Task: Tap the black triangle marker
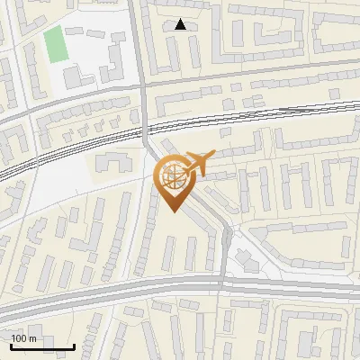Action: point(181,24)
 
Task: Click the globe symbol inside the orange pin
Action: point(175,175)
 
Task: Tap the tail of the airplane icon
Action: point(187,167)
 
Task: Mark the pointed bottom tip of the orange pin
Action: point(175,211)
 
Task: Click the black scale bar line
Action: point(42,346)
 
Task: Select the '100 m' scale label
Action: point(24,338)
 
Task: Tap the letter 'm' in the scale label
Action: point(33,338)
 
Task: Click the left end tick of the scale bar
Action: point(11,345)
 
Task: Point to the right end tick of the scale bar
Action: point(74,345)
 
